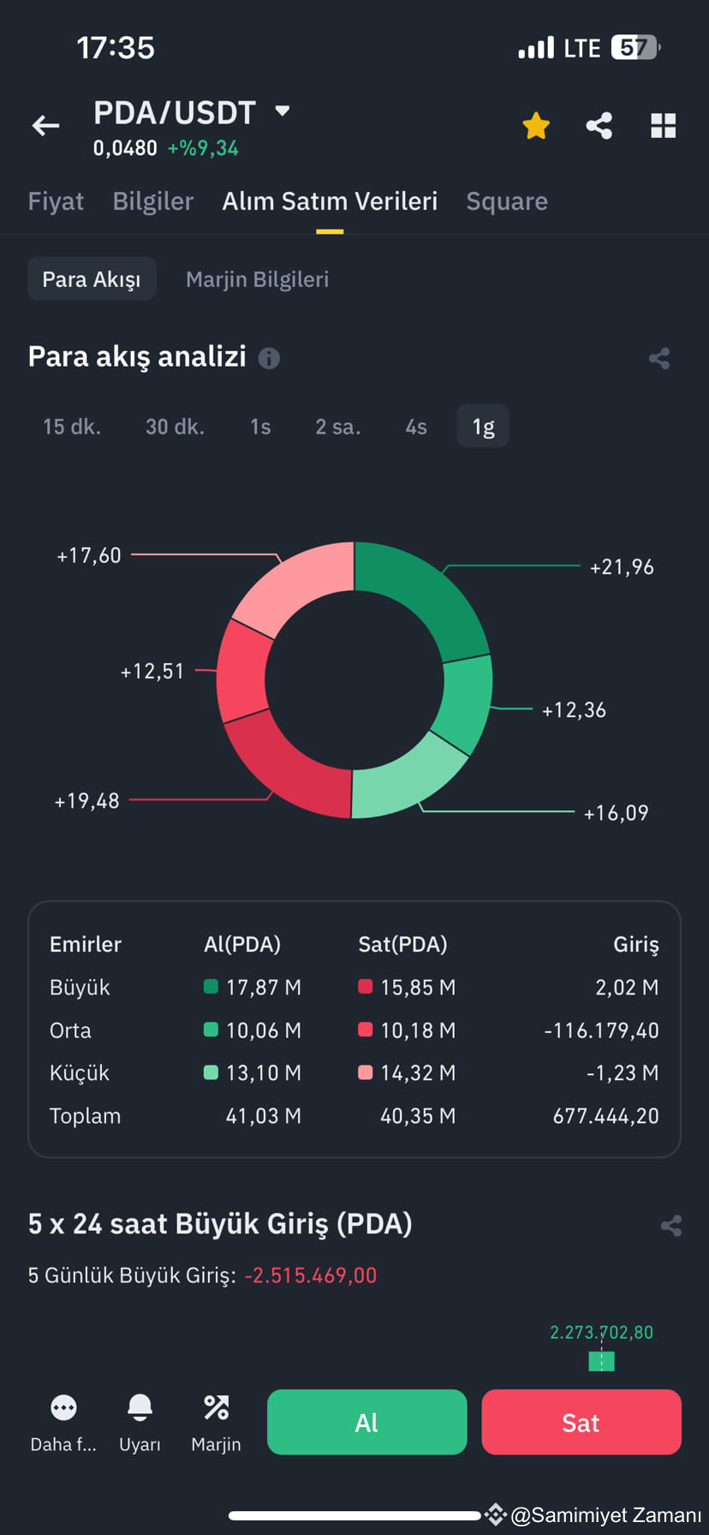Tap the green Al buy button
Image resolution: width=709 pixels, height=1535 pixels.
[366, 1422]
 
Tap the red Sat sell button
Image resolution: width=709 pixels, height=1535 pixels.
[581, 1422]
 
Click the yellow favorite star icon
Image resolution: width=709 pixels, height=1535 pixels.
[536, 126]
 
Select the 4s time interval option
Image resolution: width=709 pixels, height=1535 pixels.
[416, 427]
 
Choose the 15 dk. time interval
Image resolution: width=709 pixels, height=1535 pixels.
[72, 427]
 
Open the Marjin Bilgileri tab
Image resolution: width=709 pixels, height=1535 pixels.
[257, 279]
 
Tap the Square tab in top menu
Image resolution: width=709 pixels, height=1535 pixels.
[507, 201]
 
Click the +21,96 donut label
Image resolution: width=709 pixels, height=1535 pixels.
[622, 567]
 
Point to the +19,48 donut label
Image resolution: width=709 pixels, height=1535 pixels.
[86, 801]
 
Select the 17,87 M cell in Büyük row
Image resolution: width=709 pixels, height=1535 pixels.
[263, 988]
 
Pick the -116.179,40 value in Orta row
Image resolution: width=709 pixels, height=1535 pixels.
[601, 1030]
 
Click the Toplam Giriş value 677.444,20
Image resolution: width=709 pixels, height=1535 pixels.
[605, 1116]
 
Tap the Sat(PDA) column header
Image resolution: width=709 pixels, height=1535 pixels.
[402, 944]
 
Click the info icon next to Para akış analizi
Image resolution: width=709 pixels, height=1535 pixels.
[269, 358]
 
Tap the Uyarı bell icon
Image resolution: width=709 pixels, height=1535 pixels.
[140, 1407]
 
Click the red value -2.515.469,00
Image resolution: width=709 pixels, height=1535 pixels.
[310, 1275]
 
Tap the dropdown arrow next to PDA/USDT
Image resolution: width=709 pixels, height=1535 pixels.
[282, 110]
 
